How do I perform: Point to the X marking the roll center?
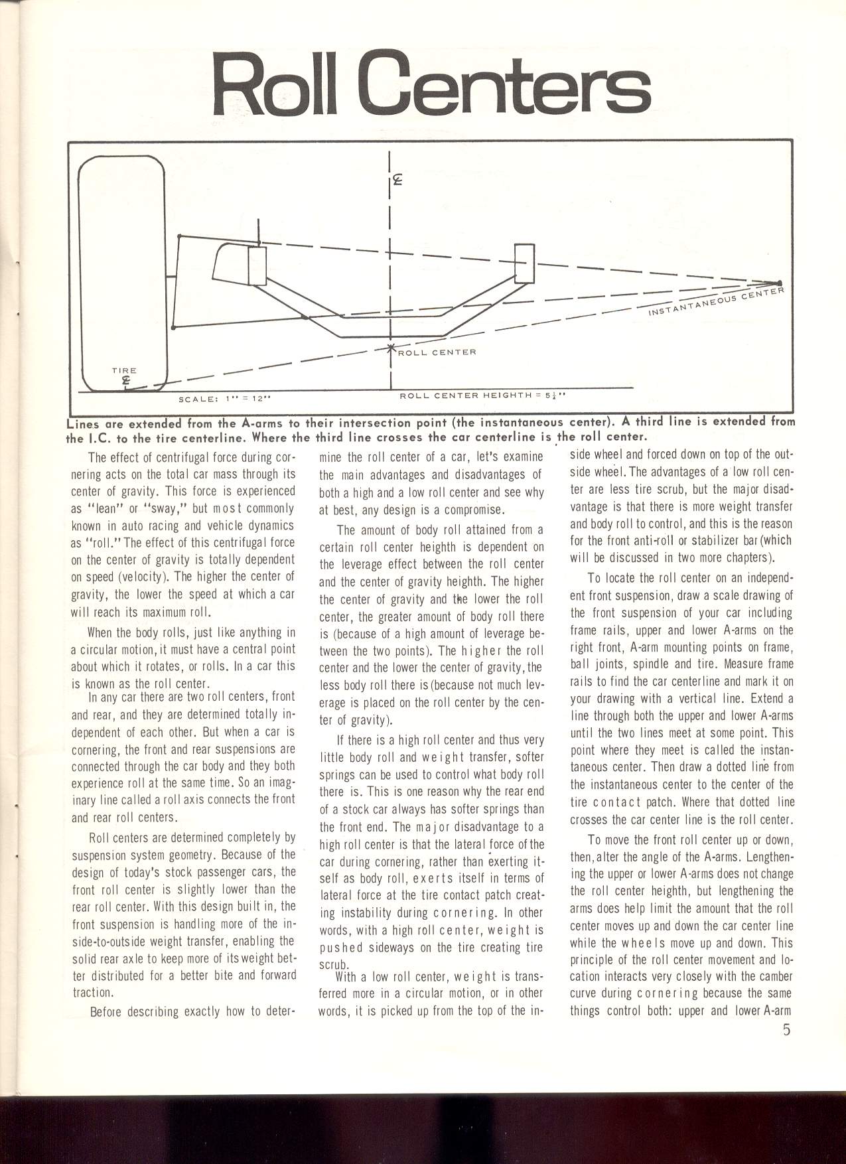(x=391, y=347)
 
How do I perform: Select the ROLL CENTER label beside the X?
(x=436, y=352)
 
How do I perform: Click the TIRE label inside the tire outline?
(x=124, y=370)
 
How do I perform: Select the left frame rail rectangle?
(x=257, y=265)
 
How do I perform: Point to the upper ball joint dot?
(x=179, y=236)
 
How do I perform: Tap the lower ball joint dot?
(x=173, y=327)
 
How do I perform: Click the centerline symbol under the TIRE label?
(x=125, y=380)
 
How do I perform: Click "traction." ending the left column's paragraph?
(x=92, y=992)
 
